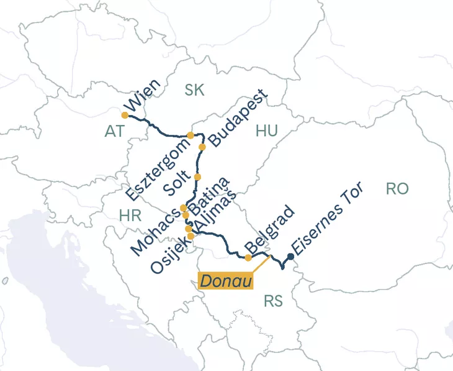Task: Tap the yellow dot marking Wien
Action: click(125, 115)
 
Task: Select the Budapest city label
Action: click(238, 118)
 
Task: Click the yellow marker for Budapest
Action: click(202, 147)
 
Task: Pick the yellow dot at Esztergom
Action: click(191, 135)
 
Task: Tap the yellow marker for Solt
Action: click(197, 177)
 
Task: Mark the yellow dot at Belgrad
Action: click(248, 257)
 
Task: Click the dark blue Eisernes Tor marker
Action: click(290, 256)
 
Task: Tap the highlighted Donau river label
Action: click(226, 281)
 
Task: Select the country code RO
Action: click(397, 189)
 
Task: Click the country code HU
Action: click(266, 131)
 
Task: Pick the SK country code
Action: click(194, 90)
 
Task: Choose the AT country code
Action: click(115, 131)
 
